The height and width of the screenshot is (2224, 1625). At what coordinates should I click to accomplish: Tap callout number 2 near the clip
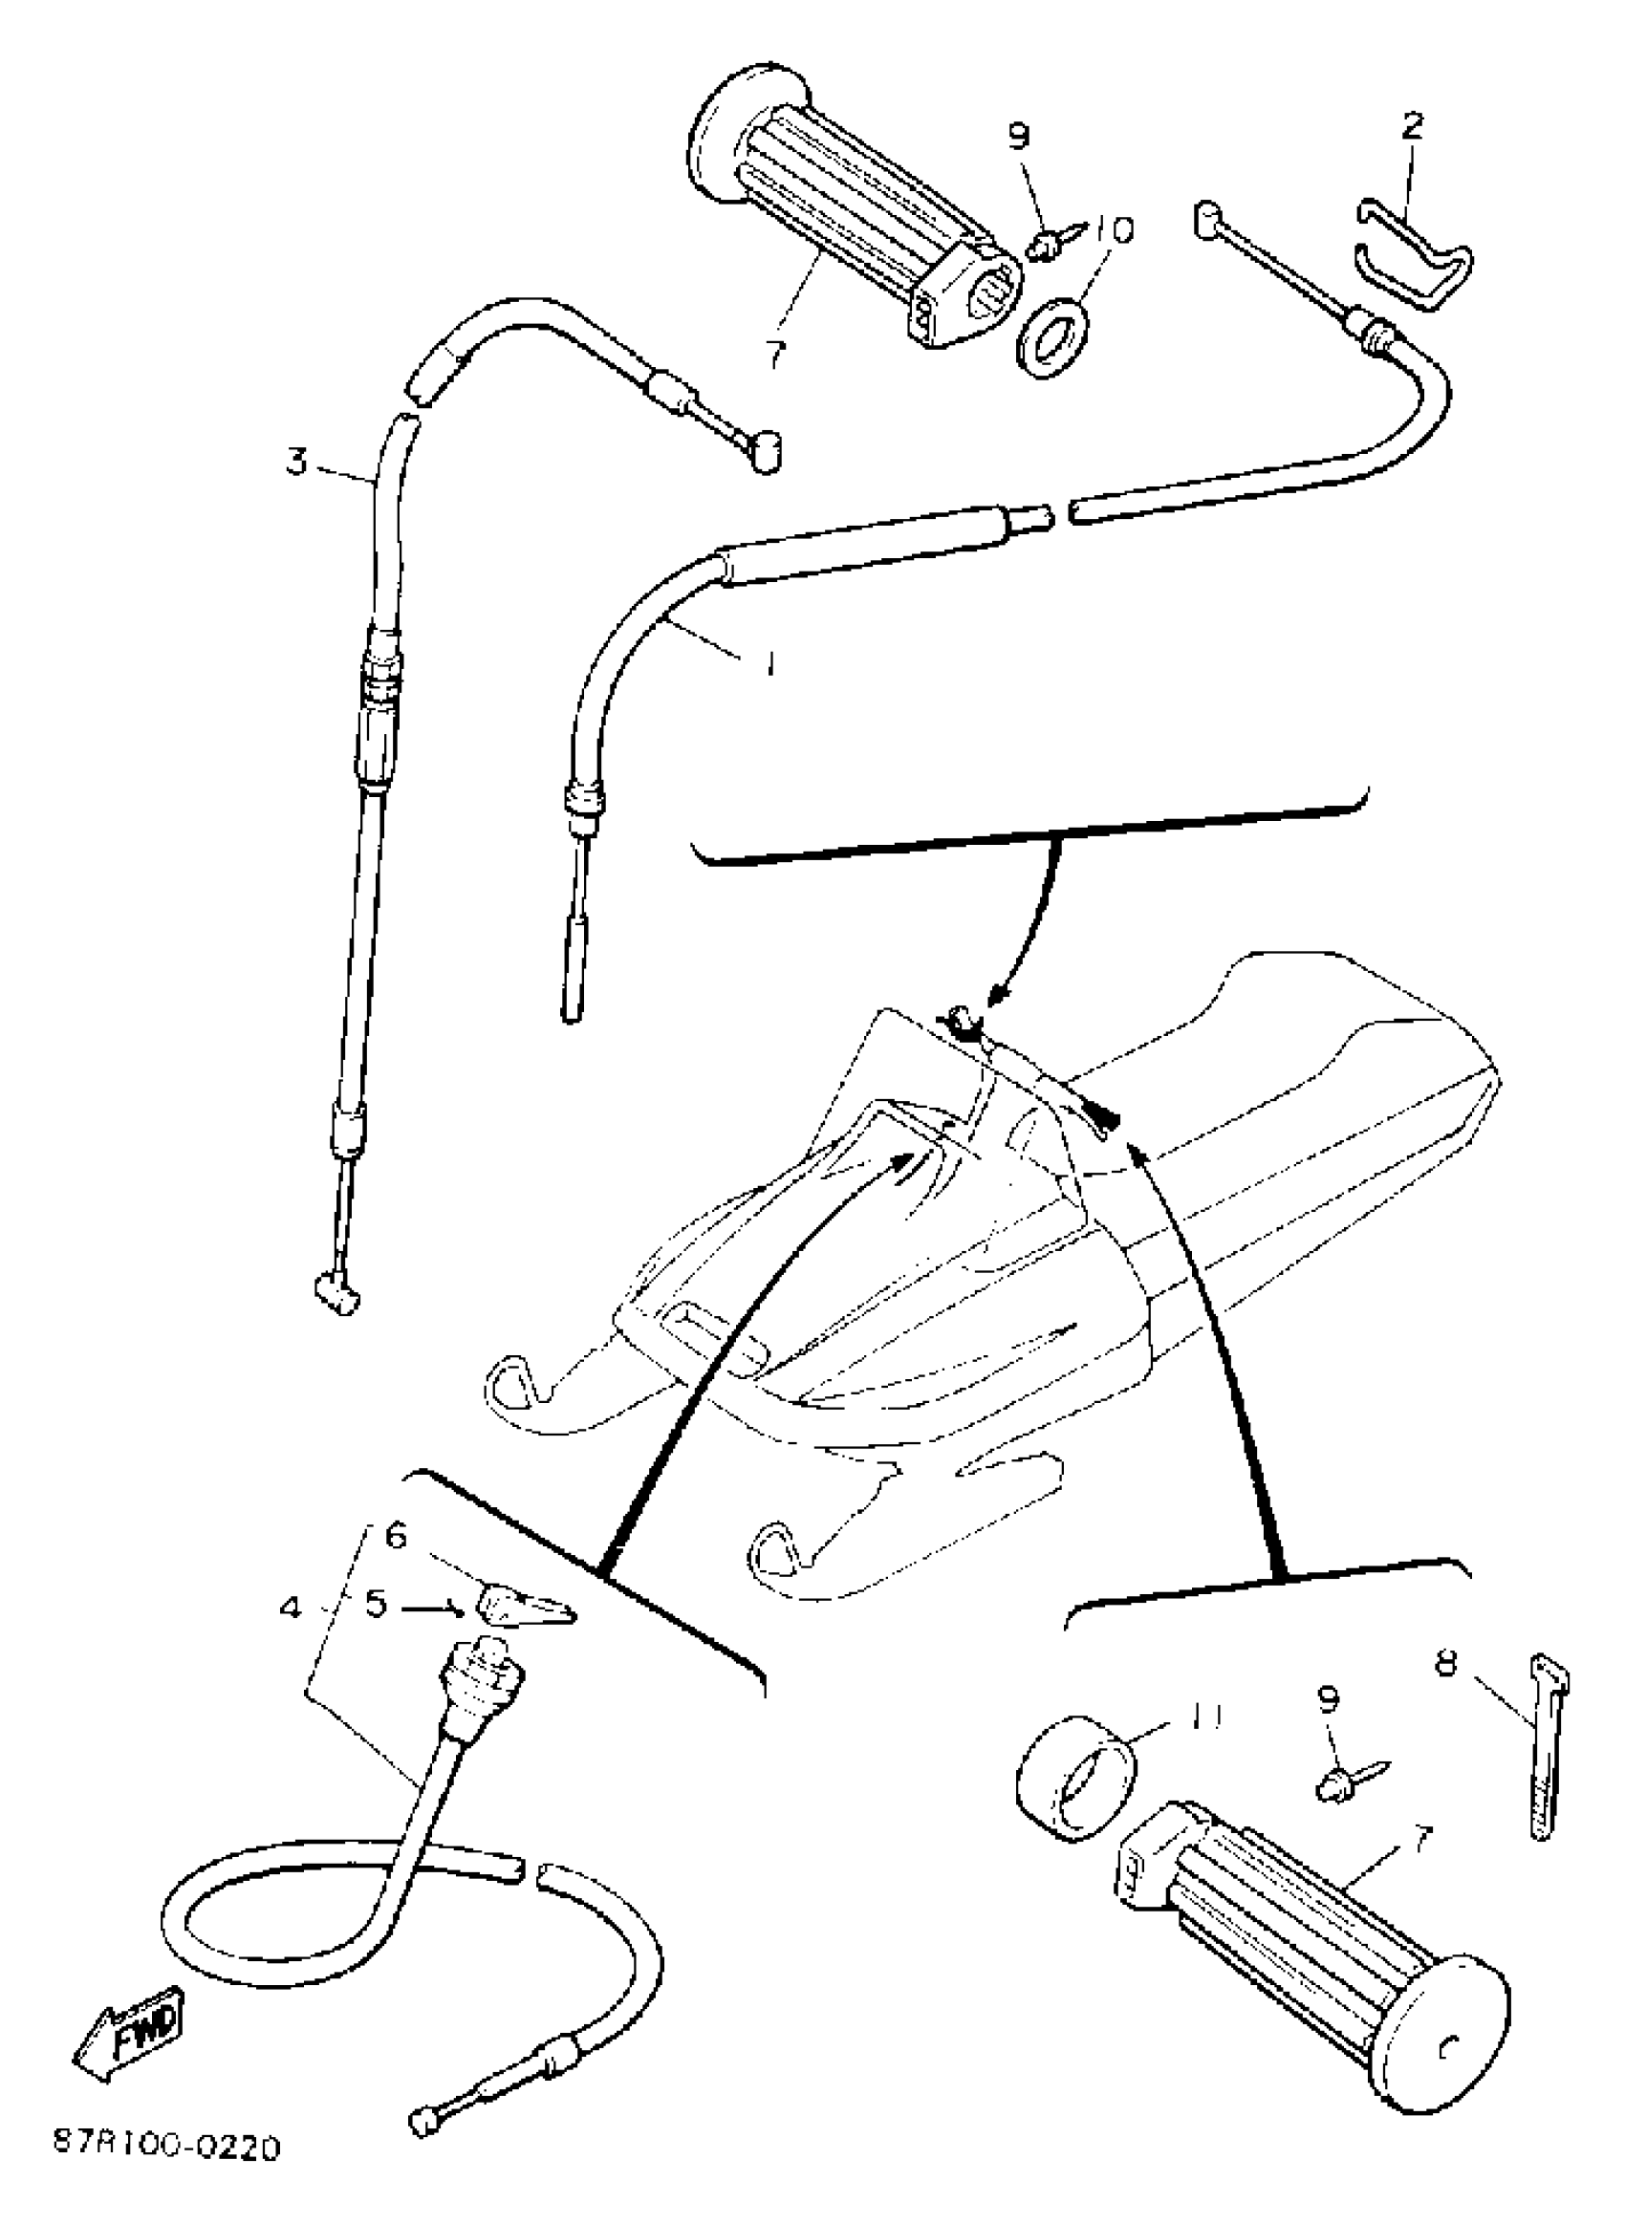pyautogui.click(x=1412, y=125)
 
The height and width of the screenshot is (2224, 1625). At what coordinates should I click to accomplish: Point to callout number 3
pyautogui.click(x=297, y=462)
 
